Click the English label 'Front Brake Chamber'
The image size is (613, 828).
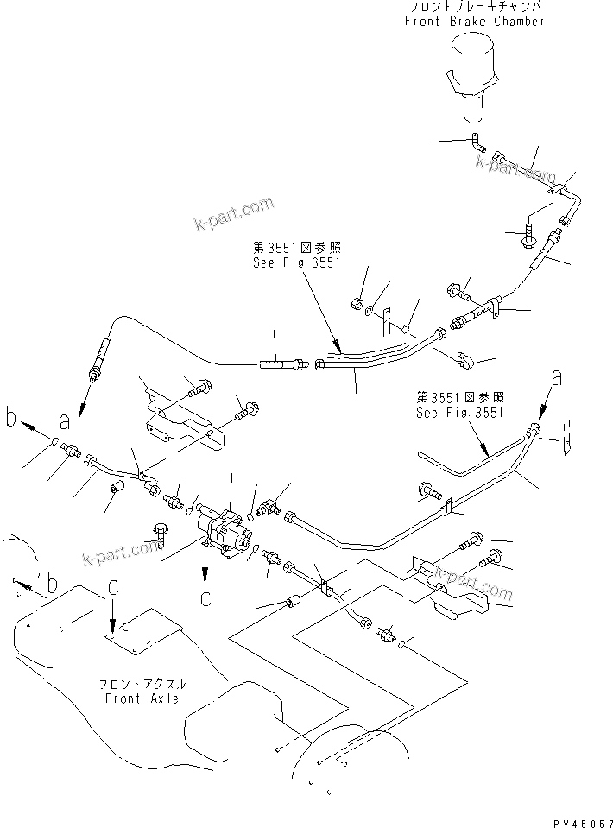click(474, 21)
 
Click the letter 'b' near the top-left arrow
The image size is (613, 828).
click(11, 420)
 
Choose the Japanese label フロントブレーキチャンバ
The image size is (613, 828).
click(474, 7)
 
